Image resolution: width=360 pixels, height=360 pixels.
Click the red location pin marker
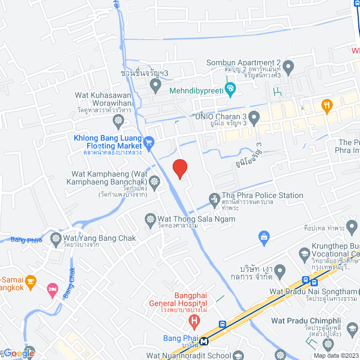pos(179,168)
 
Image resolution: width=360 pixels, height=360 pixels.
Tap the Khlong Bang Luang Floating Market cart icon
pos(148,143)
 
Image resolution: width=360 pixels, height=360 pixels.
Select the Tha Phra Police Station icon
pos(214,198)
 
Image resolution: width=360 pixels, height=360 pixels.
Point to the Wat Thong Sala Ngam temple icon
pos(150,219)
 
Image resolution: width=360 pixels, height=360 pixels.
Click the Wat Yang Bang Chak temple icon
pos(56,238)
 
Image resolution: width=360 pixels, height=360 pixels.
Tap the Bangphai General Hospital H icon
pos(195,322)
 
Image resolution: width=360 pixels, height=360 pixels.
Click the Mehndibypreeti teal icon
pos(230,88)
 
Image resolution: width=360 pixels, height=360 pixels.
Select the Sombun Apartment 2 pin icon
pos(289,68)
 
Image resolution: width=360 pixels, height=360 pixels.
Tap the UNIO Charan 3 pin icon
pos(254,118)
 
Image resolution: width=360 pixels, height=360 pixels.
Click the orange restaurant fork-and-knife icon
pos(326,105)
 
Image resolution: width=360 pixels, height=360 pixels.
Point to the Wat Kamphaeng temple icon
pos(154,181)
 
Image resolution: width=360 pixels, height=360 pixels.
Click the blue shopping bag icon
pos(263,238)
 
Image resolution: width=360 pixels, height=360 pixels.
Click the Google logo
pos(18,353)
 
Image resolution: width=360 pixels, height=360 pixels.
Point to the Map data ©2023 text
pos(335,355)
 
